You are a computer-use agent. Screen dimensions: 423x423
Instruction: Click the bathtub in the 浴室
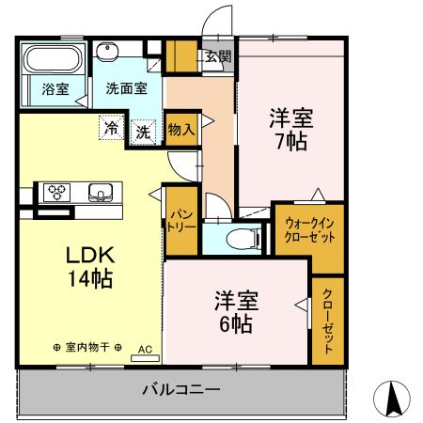[53, 60]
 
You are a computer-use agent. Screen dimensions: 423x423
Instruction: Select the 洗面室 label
[125, 90]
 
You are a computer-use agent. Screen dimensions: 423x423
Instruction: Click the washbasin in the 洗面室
[107, 52]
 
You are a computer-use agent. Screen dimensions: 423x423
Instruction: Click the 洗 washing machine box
[143, 131]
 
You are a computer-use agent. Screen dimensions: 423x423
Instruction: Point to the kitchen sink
[99, 194]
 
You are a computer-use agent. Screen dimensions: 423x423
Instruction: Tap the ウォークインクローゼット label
[308, 229]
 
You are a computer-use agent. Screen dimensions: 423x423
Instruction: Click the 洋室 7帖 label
[290, 130]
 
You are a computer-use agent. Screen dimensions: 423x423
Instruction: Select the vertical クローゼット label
[328, 321]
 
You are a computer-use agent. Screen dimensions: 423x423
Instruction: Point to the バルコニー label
[181, 388]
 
